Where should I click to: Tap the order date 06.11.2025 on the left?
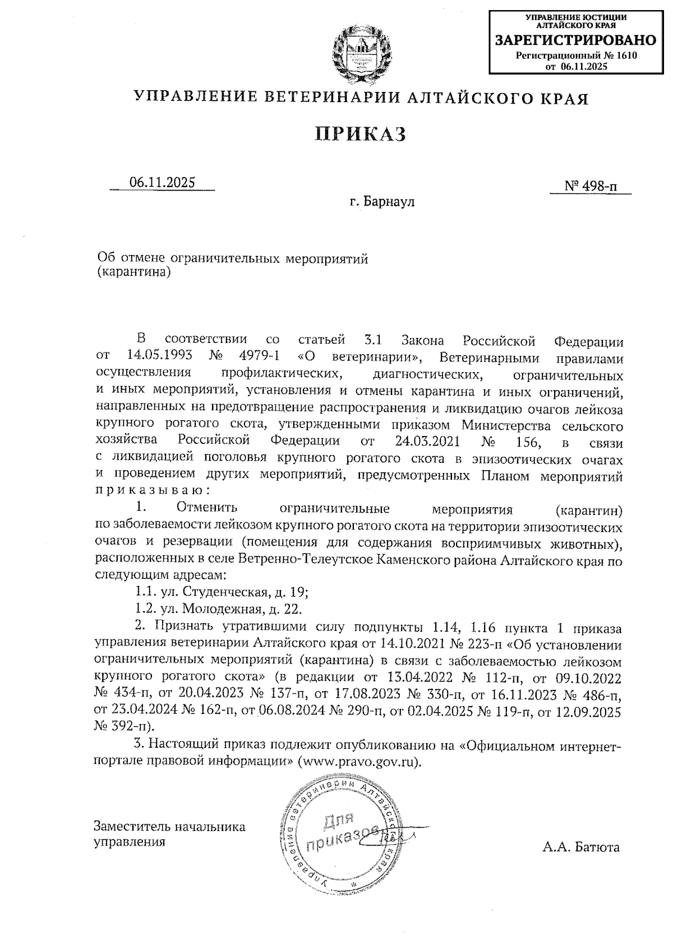click(162, 183)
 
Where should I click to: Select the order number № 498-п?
click(591, 186)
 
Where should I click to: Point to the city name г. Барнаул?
click(381, 201)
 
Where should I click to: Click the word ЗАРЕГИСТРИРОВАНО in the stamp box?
click(575, 40)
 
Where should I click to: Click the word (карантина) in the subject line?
click(133, 273)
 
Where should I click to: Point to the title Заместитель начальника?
click(169, 827)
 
